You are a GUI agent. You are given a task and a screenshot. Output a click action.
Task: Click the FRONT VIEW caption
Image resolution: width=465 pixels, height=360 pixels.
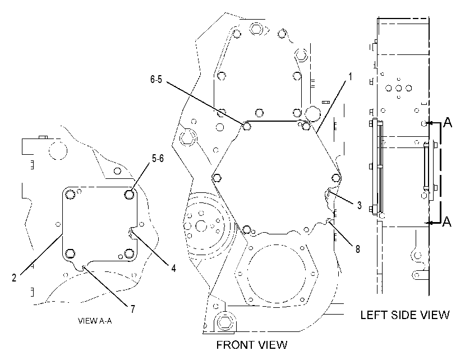tap(252, 345)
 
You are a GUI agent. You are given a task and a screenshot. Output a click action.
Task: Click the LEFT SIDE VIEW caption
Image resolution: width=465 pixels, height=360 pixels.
tap(405, 315)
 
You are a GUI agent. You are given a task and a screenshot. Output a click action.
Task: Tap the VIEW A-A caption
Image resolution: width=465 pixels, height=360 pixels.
tap(95, 321)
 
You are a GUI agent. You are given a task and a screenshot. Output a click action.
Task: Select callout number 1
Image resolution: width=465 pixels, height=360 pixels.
tap(350, 76)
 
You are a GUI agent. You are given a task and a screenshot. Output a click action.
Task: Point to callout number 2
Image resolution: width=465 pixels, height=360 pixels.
tap(14, 278)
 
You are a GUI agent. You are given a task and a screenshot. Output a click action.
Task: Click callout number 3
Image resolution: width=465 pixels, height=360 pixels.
tap(360, 205)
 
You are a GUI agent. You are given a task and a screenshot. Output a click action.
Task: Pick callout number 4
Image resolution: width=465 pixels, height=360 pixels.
tap(173, 268)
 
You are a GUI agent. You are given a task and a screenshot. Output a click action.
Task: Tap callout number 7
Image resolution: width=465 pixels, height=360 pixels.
tap(132, 309)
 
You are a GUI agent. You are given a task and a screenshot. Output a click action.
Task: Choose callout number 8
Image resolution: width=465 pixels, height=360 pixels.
tap(358, 249)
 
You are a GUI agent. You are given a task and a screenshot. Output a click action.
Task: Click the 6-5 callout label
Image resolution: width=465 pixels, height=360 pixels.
tap(156, 79)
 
